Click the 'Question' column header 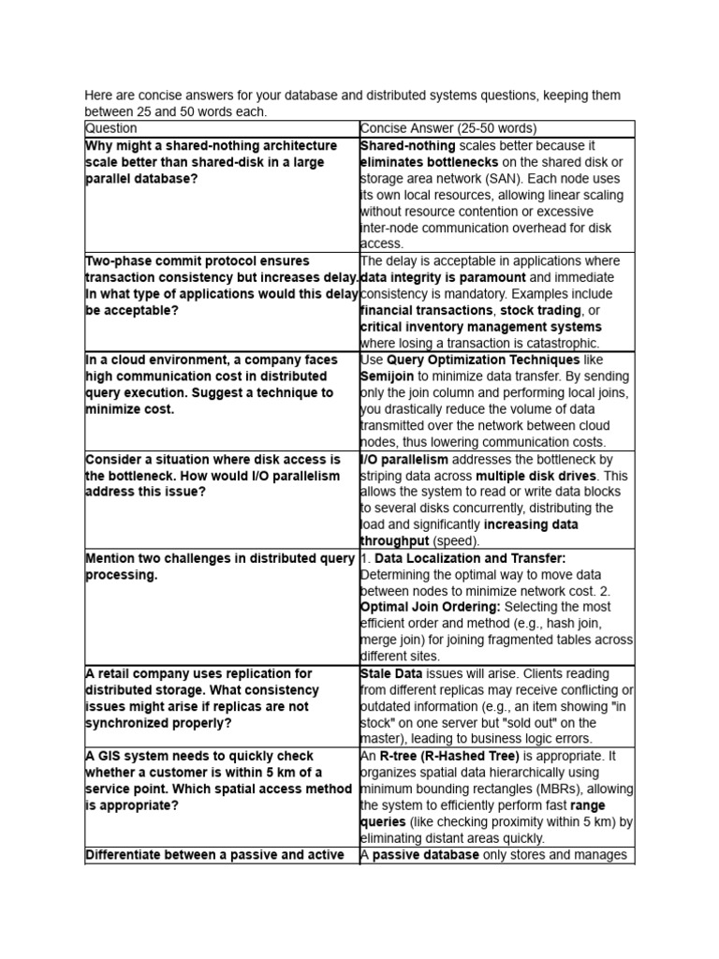[110, 128]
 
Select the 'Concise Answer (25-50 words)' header [448, 128]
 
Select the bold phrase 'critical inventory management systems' [481, 327]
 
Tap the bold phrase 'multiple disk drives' [538, 475]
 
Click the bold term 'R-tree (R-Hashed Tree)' [449, 756]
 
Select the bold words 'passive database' [425, 854]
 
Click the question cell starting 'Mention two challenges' [221, 567]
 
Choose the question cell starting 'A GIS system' [221, 780]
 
